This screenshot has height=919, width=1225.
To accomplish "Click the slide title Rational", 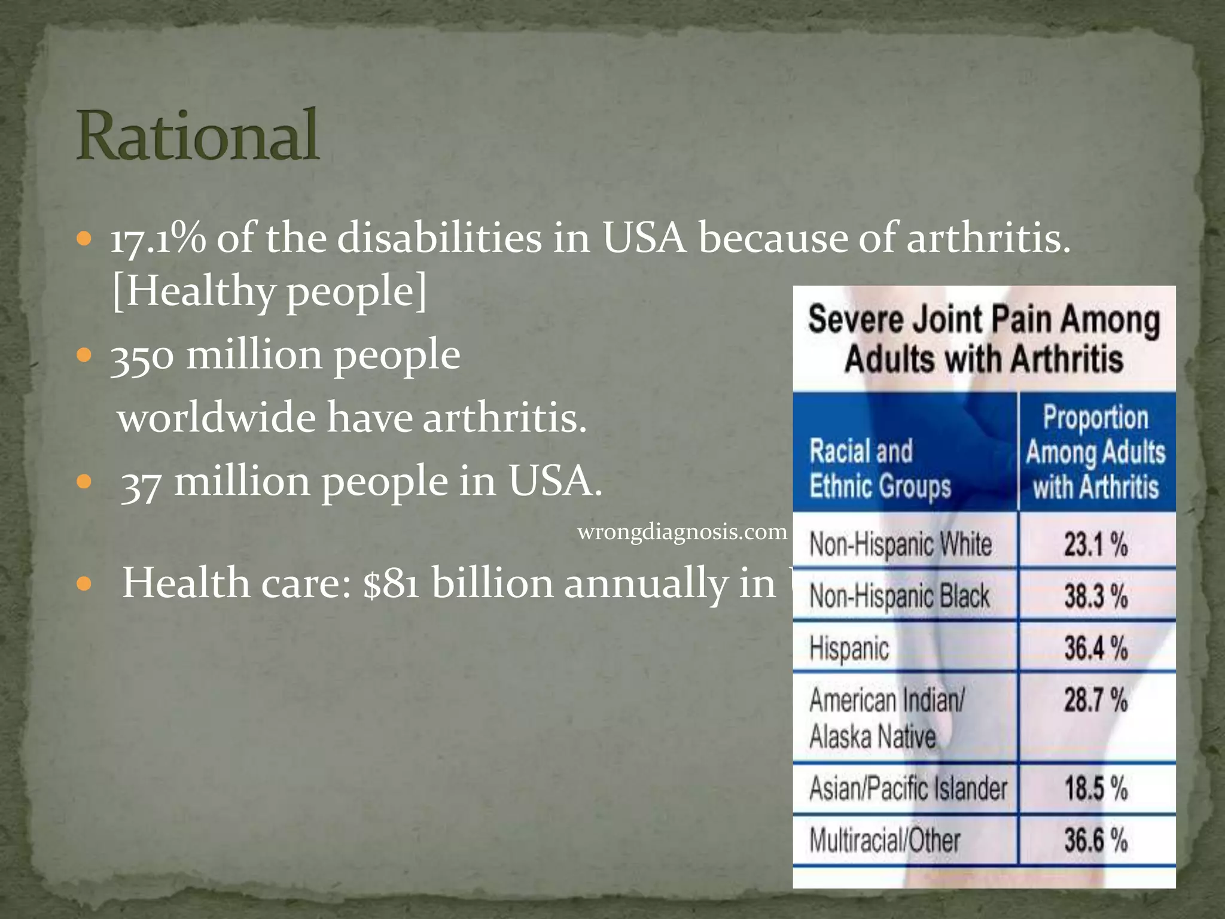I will tap(197, 136).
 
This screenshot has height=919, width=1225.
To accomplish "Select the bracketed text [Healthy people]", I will tap(270, 291).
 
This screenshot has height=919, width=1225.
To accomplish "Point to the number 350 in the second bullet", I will tap(142, 355).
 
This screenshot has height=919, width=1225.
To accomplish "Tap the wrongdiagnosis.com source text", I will tap(682, 532).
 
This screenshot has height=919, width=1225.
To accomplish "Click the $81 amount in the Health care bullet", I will tap(392, 583).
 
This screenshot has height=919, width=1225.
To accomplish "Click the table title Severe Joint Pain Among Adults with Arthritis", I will tap(984, 339).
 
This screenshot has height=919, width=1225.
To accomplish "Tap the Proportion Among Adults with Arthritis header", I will tap(1096, 452).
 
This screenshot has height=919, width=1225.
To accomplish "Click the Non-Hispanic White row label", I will tap(900, 544).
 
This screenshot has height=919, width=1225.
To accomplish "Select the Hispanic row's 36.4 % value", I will tap(1096, 648).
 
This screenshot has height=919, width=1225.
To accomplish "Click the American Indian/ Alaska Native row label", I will tap(886, 717).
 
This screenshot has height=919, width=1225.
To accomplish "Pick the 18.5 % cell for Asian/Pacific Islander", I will tap(1096, 788).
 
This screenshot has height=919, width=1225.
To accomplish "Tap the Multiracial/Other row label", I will tap(885, 840).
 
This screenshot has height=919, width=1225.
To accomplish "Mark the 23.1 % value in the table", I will tap(1096, 544).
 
